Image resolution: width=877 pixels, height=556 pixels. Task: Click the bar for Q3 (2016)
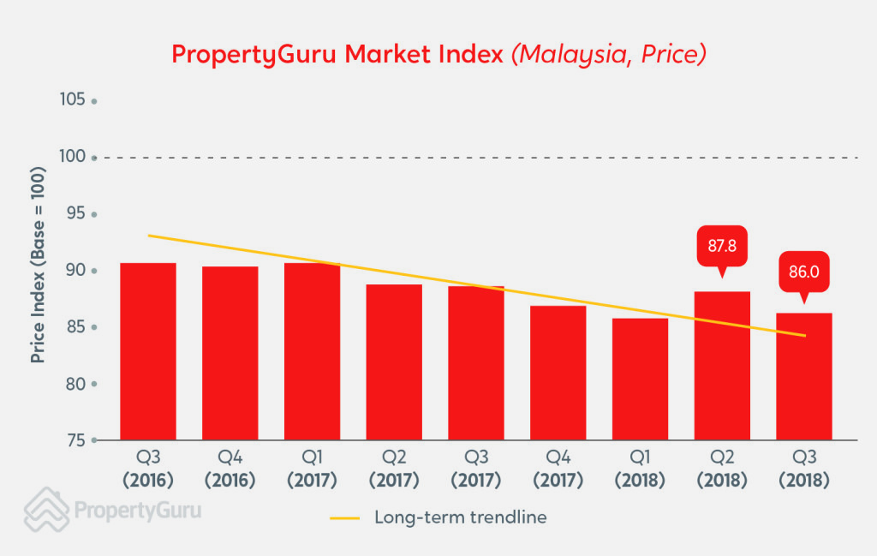pyautogui.click(x=148, y=351)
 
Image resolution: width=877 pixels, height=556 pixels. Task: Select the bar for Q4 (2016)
pyautogui.click(x=230, y=353)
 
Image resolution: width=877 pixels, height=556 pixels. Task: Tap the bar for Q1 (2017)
pyautogui.click(x=312, y=351)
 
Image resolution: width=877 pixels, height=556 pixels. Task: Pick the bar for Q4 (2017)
pyautogui.click(x=558, y=373)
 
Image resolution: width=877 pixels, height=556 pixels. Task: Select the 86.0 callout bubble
pyautogui.click(x=803, y=273)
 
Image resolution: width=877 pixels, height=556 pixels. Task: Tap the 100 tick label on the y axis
pyautogui.click(x=73, y=157)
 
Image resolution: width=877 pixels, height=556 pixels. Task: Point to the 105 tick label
pyautogui.click(x=73, y=100)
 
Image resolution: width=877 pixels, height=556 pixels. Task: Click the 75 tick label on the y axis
pyautogui.click(x=76, y=440)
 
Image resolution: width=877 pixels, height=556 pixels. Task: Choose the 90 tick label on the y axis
pyautogui.click(x=76, y=271)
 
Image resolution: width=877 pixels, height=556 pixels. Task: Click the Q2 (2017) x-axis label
pyautogui.click(x=394, y=469)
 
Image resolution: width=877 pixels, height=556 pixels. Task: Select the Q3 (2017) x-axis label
pyautogui.click(x=476, y=469)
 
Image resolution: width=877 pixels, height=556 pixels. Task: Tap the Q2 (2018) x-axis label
pyautogui.click(x=722, y=469)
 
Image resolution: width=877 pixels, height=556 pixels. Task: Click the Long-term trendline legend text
pyautogui.click(x=460, y=517)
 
